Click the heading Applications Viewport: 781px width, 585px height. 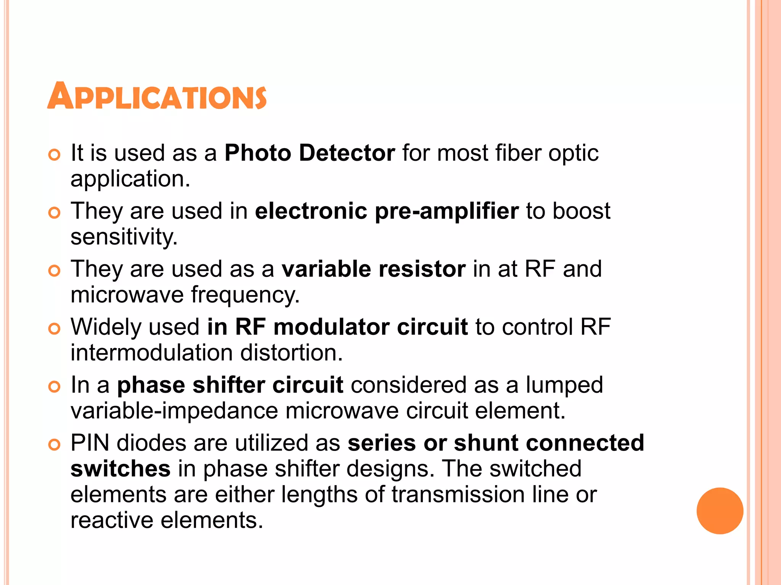(x=157, y=96)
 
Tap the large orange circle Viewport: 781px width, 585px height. (x=720, y=511)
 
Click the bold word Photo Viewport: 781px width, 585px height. (x=258, y=153)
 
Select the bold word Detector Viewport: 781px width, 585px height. (x=347, y=153)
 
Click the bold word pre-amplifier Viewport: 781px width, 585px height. (x=447, y=211)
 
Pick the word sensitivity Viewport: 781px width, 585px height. (x=124, y=237)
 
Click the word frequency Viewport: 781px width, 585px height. (x=245, y=295)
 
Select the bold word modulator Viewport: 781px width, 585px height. (x=331, y=327)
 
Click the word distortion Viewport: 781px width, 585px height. (x=292, y=353)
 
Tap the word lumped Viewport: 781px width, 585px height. (x=564, y=385)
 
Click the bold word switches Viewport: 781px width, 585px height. (x=121, y=469)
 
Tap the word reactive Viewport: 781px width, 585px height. (x=112, y=520)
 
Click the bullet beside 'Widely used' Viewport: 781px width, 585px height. (x=55, y=328)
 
